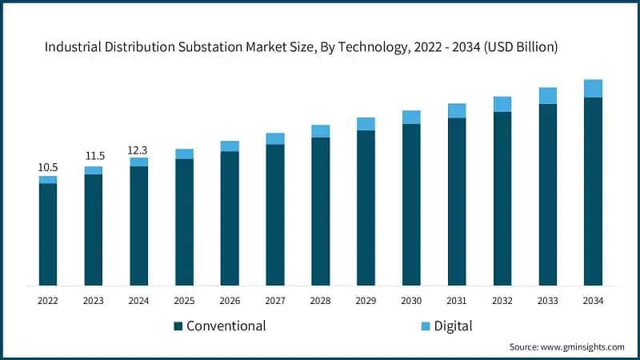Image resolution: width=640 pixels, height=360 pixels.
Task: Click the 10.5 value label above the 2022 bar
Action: (x=48, y=167)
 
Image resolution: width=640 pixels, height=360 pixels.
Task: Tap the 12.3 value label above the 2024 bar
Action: (x=139, y=149)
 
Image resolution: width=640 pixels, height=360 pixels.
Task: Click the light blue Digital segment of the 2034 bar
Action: (x=593, y=89)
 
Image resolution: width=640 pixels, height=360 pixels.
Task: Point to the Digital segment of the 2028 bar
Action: (x=320, y=131)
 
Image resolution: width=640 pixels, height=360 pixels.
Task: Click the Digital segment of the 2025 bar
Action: (x=184, y=154)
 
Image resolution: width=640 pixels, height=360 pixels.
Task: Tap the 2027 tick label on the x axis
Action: (x=275, y=301)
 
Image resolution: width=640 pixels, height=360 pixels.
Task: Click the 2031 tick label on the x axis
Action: (x=457, y=301)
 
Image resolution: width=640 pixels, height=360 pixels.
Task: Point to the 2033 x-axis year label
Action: (x=547, y=301)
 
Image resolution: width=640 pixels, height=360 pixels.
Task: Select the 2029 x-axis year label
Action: (x=366, y=301)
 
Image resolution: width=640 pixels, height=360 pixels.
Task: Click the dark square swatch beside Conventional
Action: (x=178, y=326)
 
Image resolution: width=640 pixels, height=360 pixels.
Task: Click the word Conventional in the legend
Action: (x=226, y=326)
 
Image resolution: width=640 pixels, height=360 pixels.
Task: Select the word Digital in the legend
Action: (x=454, y=326)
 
